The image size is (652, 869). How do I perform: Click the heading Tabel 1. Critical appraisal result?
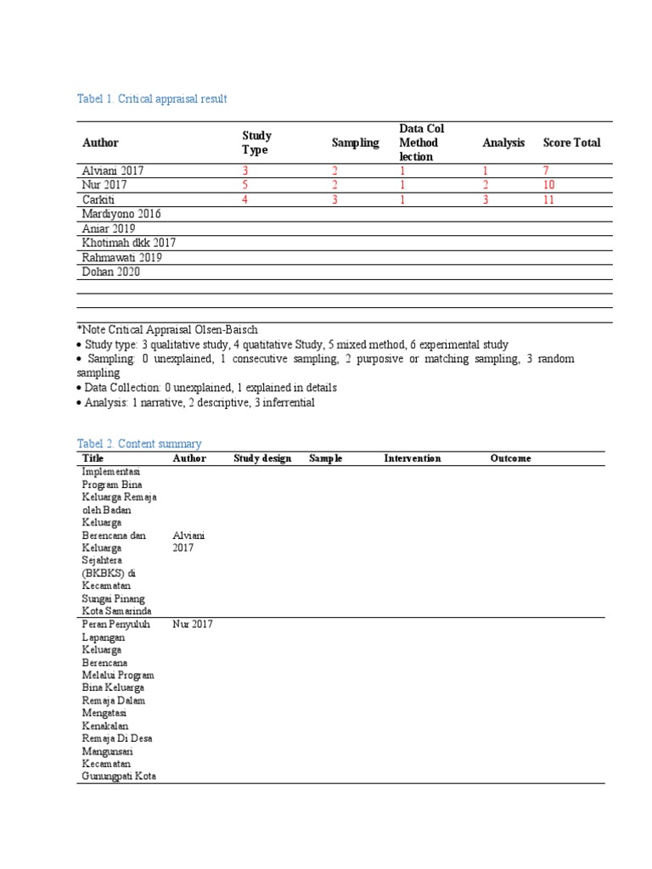click(x=152, y=99)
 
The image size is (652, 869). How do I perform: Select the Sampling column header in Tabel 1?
click(x=355, y=143)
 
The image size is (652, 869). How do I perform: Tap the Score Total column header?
click(x=571, y=143)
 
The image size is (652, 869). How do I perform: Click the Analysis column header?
click(x=503, y=143)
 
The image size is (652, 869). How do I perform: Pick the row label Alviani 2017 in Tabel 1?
click(x=113, y=171)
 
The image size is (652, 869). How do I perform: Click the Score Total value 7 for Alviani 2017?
click(x=547, y=171)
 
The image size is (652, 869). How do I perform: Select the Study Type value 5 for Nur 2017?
click(x=245, y=185)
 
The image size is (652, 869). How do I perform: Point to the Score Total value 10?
click(x=549, y=185)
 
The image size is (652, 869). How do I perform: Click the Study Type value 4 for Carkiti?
click(x=245, y=199)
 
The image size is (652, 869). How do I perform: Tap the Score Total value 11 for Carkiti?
click(x=549, y=199)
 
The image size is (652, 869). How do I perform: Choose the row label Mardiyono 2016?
click(x=121, y=214)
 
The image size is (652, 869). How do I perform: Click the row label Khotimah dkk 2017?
click(x=129, y=243)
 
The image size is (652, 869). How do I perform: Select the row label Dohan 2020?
click(x=111, y=272)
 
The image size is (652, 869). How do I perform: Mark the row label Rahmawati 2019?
click(x=122, y=257)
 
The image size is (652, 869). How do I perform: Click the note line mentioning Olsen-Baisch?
click(x=167, y=329)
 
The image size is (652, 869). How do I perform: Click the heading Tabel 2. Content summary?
click(x=139, y=444)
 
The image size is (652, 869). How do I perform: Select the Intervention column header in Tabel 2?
click(x=413, y=458)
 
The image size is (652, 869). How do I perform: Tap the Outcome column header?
click(x=510, y=458)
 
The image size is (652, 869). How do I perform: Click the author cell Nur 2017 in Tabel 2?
click(x=192, y=625)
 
